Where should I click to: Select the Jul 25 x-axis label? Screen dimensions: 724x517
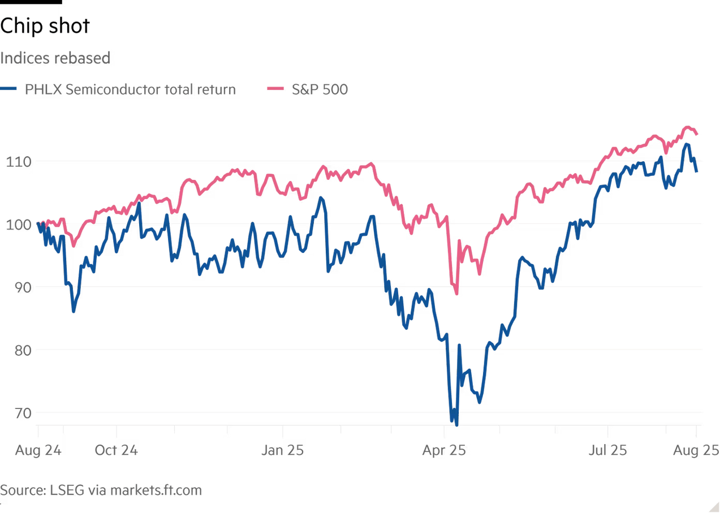[x=607, y=450]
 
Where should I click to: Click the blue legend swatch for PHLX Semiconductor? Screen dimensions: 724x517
[x=10, y=89]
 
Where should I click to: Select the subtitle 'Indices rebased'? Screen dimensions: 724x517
[x=55, y=58]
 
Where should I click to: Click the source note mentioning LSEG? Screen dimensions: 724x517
[x=101, y=489]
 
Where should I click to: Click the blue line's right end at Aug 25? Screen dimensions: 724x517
[x=698, y=173]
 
